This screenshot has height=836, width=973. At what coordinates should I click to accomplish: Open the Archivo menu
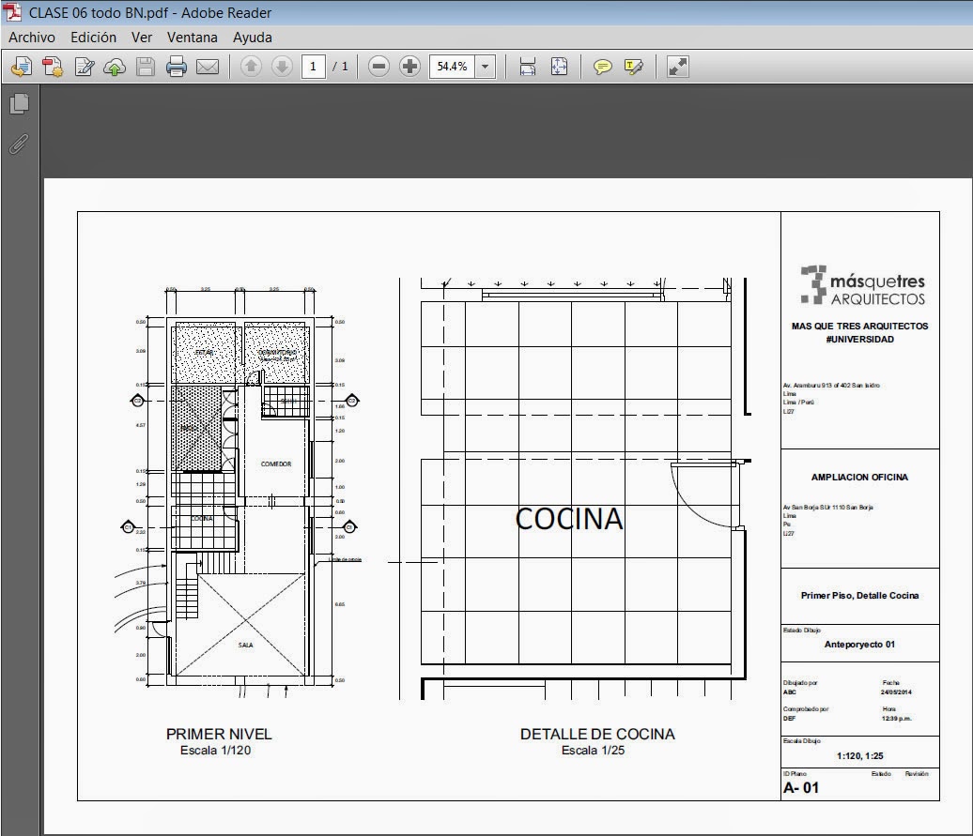32,38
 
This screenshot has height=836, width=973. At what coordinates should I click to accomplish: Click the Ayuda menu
252,38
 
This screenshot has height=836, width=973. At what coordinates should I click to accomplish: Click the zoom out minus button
378,67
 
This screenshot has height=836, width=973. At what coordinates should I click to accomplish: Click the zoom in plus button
409,67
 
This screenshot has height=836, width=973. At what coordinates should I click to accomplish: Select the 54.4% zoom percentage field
452,67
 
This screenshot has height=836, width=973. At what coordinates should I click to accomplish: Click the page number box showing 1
313,67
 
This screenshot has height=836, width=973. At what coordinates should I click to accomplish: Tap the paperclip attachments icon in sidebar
19,144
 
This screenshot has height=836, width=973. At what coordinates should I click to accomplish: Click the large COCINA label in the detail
569,519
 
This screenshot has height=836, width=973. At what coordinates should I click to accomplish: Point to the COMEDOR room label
276,464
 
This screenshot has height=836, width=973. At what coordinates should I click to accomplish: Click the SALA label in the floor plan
245,646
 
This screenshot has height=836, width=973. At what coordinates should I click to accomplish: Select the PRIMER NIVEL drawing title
219,734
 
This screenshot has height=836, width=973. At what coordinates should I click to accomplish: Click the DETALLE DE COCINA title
597,734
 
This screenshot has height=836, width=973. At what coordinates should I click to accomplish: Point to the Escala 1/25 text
593,751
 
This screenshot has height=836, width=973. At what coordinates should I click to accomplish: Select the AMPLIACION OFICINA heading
859,477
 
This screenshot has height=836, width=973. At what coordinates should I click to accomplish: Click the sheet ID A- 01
801,787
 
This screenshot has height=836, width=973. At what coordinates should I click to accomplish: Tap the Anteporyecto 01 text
859,645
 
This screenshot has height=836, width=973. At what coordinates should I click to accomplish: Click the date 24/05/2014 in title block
896,692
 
